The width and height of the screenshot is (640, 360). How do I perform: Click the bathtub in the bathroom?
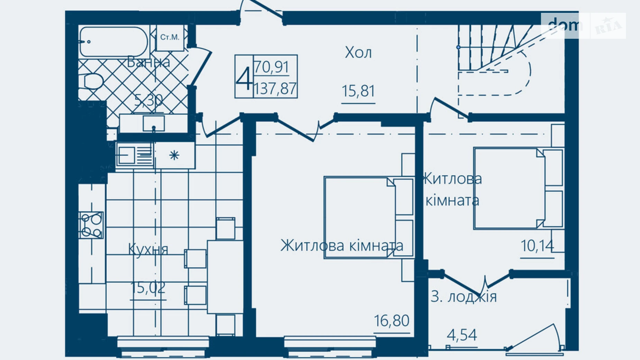pyautogui.click(x=113, y=42)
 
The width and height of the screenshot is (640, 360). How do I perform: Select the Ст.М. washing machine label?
pyautogui.click(x=170, y=37)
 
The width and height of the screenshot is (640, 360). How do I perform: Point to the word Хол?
pyautogui.click(x=358, y=53)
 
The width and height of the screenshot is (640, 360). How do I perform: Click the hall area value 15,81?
pyautogui.click(x=358, y=91)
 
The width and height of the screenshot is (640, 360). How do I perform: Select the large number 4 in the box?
pyautogui.click(x=244, y=79)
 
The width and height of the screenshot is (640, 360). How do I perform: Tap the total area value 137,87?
pyautogui.click(x=275, y=89)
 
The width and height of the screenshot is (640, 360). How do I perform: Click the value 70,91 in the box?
pyautogui.click(x=272, y=67)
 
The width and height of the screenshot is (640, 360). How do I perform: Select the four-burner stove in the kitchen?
pyautogui.click(x=91, y=225)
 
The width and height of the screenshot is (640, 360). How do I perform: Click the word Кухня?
pyautogui.click(x=148, y=249)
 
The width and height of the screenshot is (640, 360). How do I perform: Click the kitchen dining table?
pyautogui.click(x=225, y=276)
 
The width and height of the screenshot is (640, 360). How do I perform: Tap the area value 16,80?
pyautogui.click(x=391, y=321)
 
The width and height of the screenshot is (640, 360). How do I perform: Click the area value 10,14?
pyautogui.click(x=537, y=246)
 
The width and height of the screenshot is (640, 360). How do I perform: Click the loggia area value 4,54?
pyautogui.click(x=462, y=335)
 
